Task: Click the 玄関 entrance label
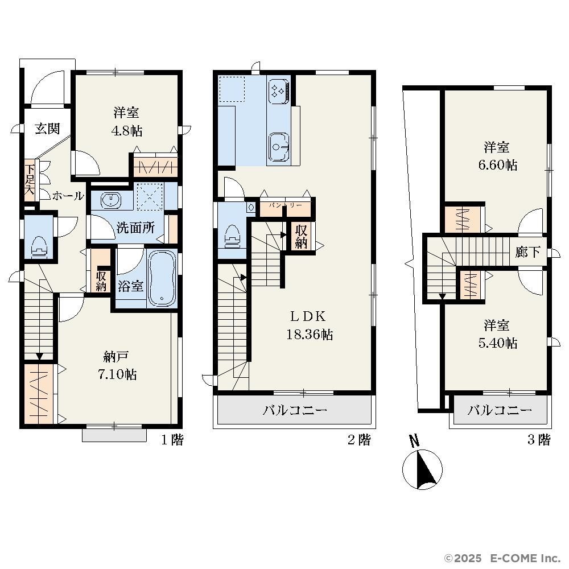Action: (47, 129)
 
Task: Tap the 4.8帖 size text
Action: (127, 131)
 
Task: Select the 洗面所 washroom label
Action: (135, 228)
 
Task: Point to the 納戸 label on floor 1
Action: (116, 357)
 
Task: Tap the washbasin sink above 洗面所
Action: (111, 200)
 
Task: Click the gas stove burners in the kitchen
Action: (279, 89)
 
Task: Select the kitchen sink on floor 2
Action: (279, 147)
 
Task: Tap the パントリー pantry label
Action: (285, 205)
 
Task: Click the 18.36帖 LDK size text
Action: (310, 334)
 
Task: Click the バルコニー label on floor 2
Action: (295, 410)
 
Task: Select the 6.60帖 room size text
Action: (497, 165)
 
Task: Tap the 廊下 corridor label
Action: (527, 251)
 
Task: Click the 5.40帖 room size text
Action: (497, 343)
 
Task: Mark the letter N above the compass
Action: (414, 440)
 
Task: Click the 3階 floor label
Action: (539, 440)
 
